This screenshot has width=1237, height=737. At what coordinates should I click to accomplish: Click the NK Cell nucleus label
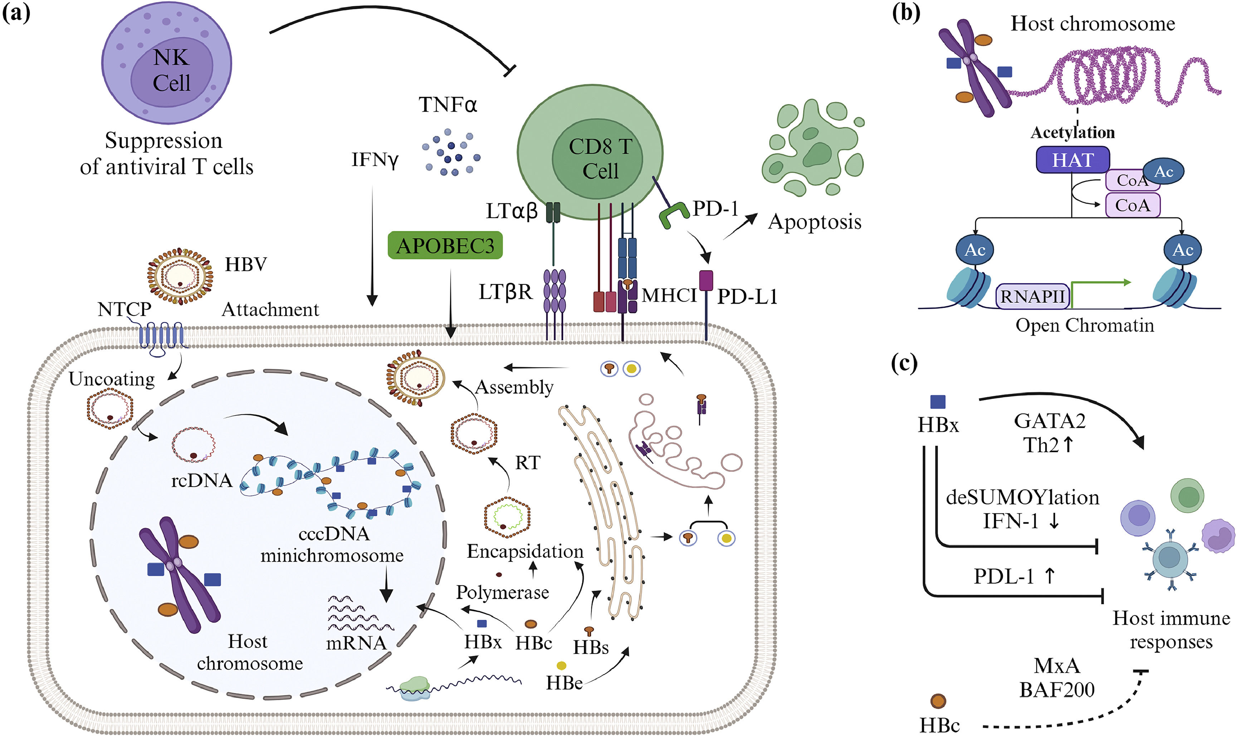(171, 70)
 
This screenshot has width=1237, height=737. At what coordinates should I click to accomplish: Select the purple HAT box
(1073, 160)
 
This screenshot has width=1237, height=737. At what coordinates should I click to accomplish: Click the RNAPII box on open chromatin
(1032, 297)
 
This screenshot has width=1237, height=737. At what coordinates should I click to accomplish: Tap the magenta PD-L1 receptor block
(706, 280)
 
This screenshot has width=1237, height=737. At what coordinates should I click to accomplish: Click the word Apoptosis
(815, 221)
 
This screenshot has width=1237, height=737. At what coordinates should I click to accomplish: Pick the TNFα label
(448, 105)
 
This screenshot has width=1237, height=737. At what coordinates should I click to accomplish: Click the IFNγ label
(375, 160)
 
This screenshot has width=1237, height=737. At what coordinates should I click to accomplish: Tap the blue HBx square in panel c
(938, 402)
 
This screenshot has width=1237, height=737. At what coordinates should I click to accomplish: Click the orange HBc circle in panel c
(938, 701)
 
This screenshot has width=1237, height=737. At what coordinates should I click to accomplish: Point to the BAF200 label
(1057, 689)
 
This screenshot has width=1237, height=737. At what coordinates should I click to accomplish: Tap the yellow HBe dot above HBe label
(561, 665)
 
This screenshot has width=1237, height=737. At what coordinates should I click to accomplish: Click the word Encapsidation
(525, 551)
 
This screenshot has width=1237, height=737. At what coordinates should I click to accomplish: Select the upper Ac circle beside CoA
(1164, 172)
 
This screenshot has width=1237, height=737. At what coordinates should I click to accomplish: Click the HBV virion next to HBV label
(180, 276)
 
